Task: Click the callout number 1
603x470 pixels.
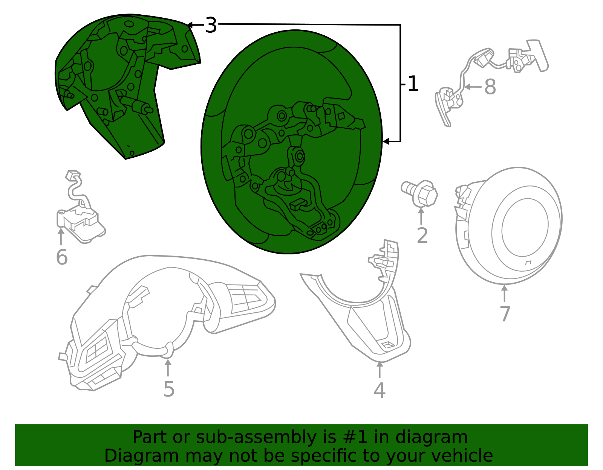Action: point(413,84)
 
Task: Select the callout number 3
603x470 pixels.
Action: point(211,26)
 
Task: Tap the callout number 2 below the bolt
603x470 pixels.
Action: point(422,236)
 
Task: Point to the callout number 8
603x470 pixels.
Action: point(490,87)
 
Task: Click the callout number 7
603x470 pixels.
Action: point(505,313)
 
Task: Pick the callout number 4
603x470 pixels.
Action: point(380,390)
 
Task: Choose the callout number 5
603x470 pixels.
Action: point(168,389)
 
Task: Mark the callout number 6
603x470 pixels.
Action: point(61,257)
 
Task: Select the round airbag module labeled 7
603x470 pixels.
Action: point(513,226)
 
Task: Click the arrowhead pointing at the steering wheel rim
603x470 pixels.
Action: point(386,141)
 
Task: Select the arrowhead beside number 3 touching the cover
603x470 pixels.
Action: point(190,25)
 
